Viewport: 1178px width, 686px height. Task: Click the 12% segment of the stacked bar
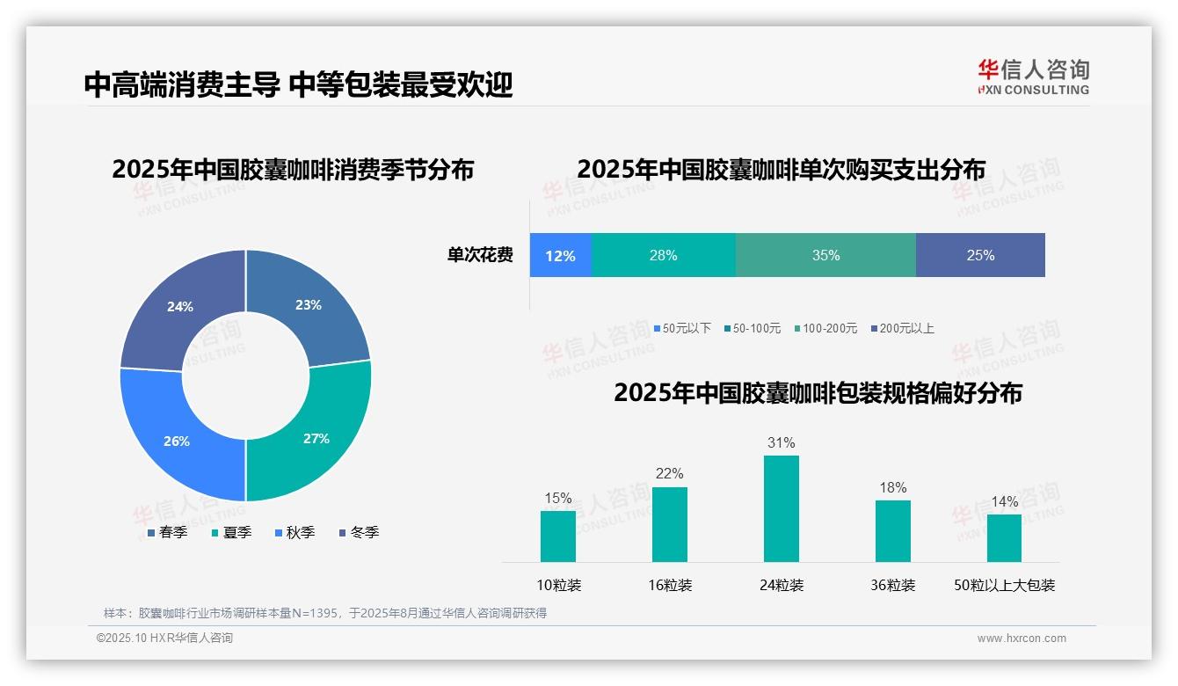coord(560,255)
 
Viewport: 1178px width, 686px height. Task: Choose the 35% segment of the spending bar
coord(825,255)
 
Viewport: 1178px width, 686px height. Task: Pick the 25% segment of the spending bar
coord(980,255)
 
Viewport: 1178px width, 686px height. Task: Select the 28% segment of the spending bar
coord(663,255)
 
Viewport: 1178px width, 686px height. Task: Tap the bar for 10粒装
coord(558,536)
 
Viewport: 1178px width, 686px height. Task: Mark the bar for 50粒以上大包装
coord(1004,537)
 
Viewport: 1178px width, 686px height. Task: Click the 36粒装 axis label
coord(893,585)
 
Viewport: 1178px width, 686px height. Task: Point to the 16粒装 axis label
coord(670,585)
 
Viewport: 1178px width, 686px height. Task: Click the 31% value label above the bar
coord(781,442)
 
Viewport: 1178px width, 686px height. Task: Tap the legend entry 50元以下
coord(682,328)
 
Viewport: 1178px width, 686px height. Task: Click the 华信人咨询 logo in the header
coord(1033,77)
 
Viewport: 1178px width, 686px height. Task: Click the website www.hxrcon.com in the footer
coord(1022,638)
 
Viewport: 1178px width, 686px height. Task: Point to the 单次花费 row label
coord(480,255)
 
